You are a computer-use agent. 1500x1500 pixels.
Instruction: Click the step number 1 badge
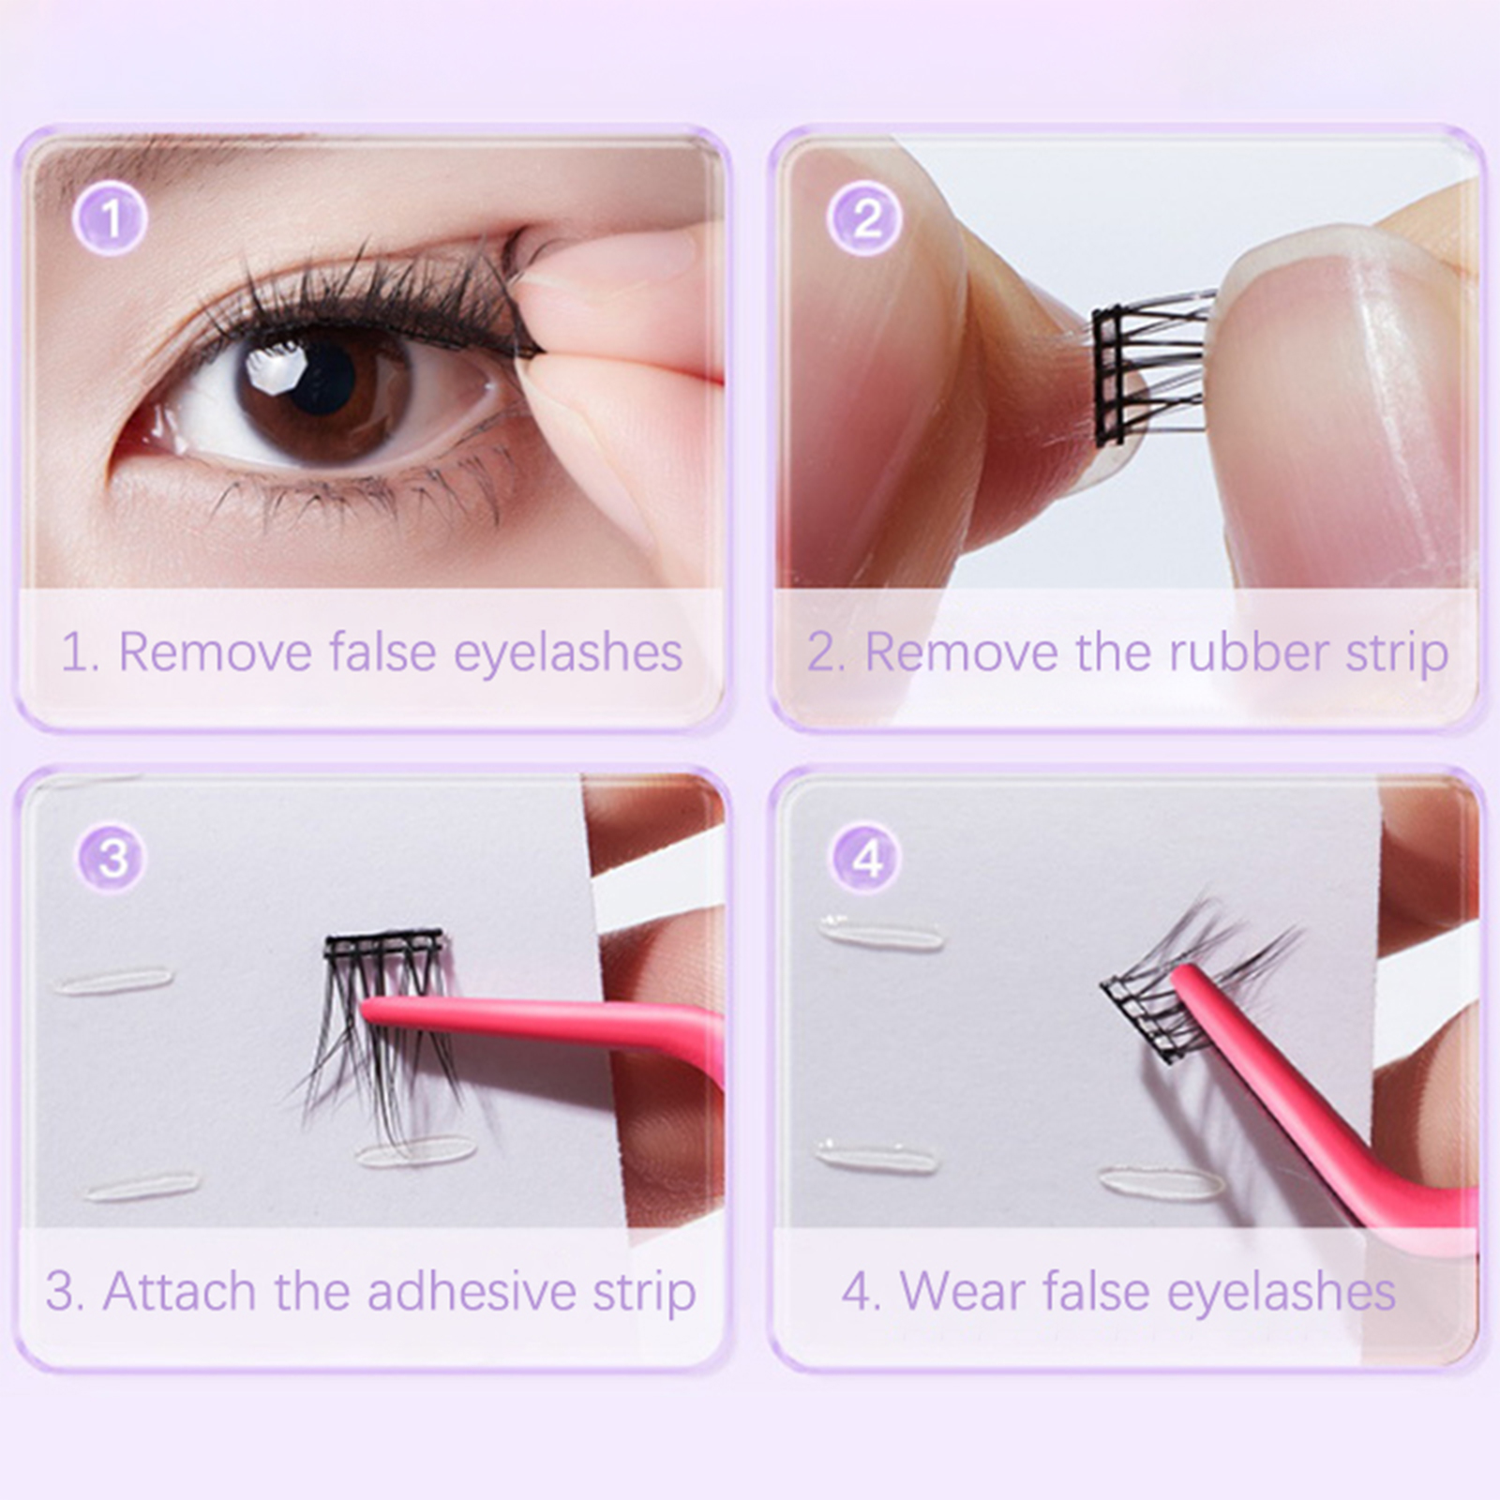110,218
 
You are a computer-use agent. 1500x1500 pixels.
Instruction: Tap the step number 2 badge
865,218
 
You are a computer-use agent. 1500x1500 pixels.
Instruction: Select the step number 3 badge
112,858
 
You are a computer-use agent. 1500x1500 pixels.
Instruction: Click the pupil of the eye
322,378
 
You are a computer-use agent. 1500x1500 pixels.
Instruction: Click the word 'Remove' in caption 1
215,652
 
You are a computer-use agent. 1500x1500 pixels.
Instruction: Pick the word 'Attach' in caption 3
180,1291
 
